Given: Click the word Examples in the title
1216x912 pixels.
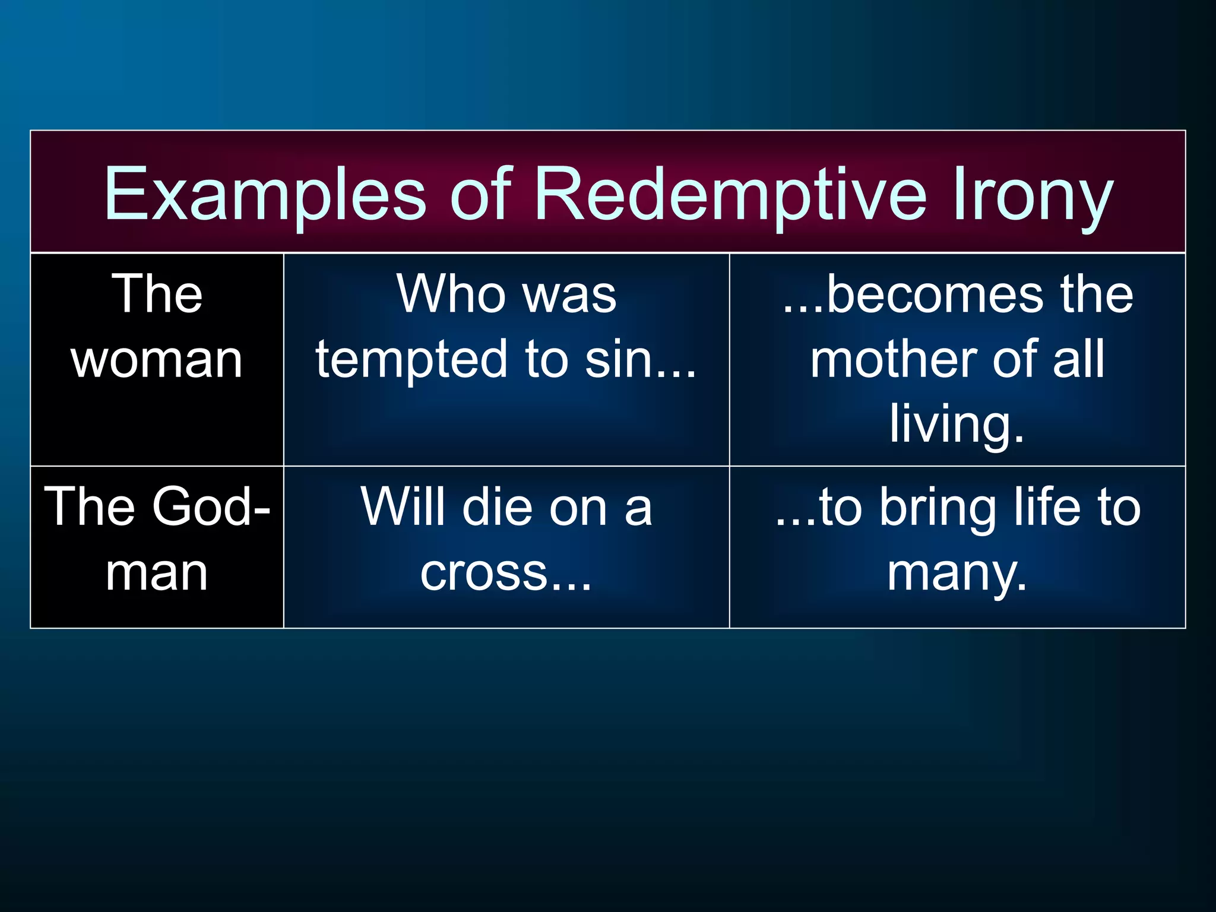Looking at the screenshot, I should tap(264, 194).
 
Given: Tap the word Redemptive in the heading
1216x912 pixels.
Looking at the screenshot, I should tap(730, 194).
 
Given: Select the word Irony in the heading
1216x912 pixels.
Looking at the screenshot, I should tap(1033, 194).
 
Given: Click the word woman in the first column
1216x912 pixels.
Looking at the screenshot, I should tap(157, 360).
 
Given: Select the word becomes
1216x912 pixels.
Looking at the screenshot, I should tap(938, 294).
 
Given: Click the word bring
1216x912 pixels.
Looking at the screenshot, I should tap(938, 508).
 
